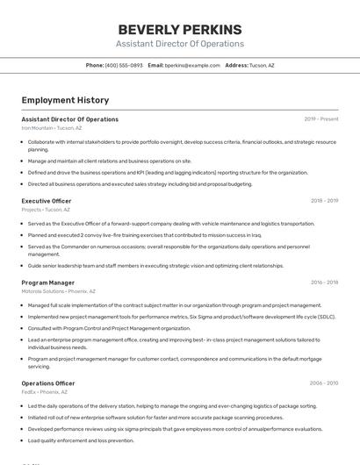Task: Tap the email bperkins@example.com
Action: (192, 65)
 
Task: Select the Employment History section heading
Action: (65, 100)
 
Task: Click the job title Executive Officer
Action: (47, 201)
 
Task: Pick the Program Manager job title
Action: (48, 283)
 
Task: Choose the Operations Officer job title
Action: (48, 383)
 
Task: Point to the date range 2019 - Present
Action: (320, 119)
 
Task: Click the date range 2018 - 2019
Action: (324, 201)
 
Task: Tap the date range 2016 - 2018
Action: (324, 283)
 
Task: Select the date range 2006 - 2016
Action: (324, 383)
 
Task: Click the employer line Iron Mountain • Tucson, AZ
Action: (52, 128)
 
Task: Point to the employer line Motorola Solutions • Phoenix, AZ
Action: (59, 291)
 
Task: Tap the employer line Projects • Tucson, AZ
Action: (47, 210)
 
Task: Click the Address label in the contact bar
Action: (236, 65)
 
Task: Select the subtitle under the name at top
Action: (180, 44)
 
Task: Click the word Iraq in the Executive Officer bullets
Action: (256, 235)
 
